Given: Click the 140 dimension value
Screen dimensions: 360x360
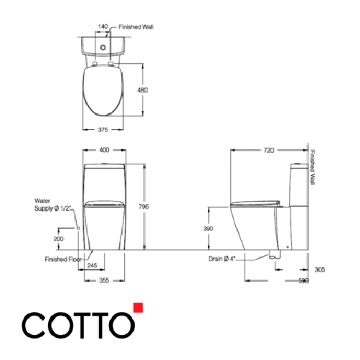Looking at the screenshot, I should (103, 27).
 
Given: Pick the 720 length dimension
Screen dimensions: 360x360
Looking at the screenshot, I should (268, 151).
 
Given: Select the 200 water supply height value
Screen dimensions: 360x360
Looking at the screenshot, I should (58, 237).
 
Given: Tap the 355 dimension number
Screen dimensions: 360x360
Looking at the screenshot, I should (104, 280).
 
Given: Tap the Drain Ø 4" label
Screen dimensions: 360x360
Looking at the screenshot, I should (223, 257).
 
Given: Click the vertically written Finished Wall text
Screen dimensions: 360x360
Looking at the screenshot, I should (313, 167).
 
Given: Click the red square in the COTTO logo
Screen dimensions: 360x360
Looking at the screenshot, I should (138, 309).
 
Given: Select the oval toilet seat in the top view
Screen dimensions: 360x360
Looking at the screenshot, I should (106, 93).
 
